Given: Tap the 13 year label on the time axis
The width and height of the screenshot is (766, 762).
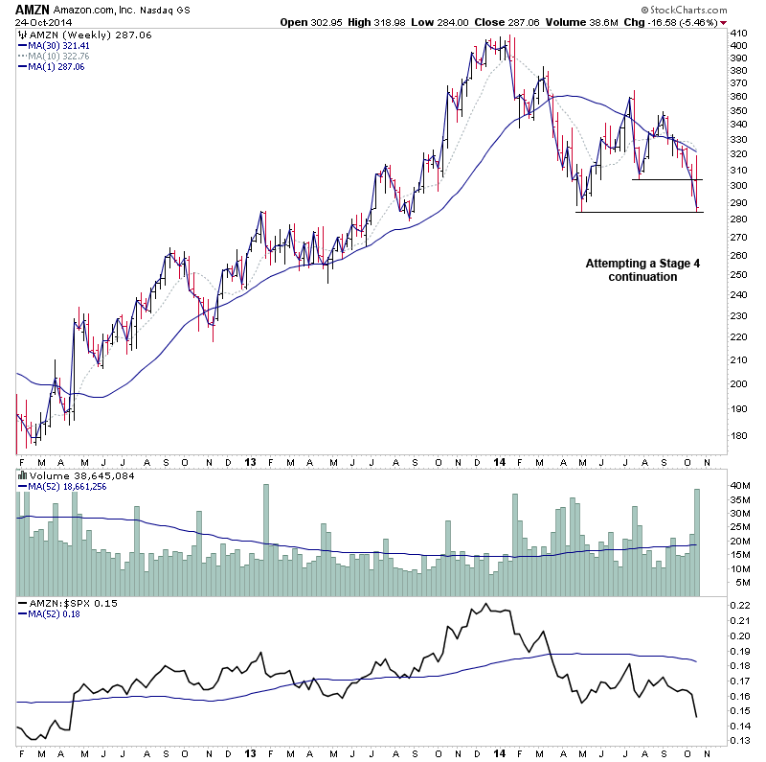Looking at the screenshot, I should pyautogui.click(x=250, y=461).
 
